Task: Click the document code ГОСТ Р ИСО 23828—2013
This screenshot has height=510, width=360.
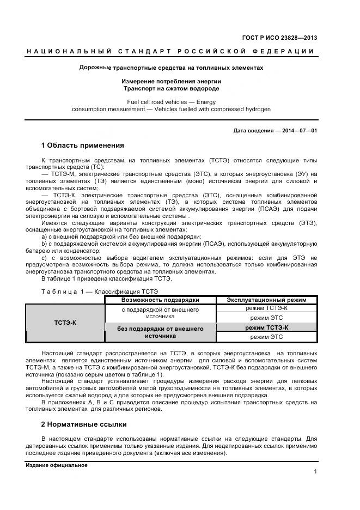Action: [x=280, y=38]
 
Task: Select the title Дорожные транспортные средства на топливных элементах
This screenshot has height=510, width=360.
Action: [x=171, y=68]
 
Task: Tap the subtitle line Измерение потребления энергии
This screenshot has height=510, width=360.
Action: [x=171, y=81]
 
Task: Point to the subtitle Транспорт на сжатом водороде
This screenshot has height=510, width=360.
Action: [x=171, y=88]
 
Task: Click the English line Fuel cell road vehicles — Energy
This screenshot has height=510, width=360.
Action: [x=171, y=102]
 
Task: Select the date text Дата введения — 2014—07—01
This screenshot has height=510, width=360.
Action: [x=275, y=131]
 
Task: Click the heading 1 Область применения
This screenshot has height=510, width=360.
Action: [x=83, y=145]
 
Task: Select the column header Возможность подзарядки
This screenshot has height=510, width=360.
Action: [x=160, y=300]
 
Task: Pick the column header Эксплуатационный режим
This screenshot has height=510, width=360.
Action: [x=266, y=300]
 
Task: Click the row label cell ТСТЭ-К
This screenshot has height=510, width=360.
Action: [x=65, y=323]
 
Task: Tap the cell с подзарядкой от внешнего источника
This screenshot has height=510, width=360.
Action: [x=160, y=313]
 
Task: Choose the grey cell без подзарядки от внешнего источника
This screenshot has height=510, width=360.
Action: [x=160, y=332]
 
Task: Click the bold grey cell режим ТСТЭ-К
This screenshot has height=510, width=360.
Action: [x=266, y=327]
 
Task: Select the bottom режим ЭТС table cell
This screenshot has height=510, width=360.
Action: [x=266, y=337]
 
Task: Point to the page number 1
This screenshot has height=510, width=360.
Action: [x=315, y=472]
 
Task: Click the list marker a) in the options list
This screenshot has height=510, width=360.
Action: [x=45, y=236]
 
